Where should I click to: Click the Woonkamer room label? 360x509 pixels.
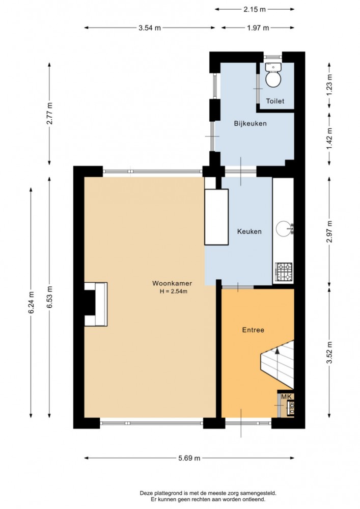[x=172, y=283]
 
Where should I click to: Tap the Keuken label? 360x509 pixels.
[x=249, y=231]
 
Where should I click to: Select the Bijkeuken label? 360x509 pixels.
[x=251, y=124]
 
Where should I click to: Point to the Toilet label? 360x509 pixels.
[x=275, y=101]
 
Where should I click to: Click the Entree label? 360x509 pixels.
[x=253, y=330]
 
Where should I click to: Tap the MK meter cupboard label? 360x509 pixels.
[x=286, y=396]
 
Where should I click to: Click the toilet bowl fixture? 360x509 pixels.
[x=273, y=79]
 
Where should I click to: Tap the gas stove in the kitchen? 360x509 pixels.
[x=284, y=272]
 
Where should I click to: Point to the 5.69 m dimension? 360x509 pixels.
[x=189, y=458]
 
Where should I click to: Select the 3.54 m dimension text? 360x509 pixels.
[x=150, y=28]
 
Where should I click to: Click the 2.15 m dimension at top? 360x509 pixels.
[x=255, y=9]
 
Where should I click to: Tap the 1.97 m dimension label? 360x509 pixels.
[x=258, y=28]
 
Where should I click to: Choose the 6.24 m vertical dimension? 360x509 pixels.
[x=31, y=303]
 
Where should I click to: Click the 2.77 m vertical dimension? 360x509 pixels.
[x=49, y=114]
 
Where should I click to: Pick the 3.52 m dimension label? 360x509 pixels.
[x=329, y=353]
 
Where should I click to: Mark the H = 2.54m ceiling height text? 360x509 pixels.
[x=174, y=291]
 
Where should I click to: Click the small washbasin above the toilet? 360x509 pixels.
[x=273, y=67]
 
